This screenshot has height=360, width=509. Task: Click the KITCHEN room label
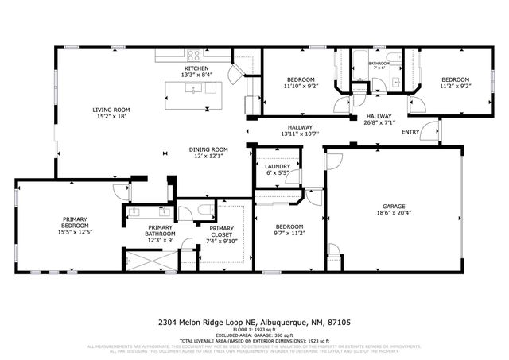196,69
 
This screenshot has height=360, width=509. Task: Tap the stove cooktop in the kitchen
193,56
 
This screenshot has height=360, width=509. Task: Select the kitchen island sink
193,88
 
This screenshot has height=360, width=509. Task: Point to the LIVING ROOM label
111,110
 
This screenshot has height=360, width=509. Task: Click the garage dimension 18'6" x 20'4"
396,212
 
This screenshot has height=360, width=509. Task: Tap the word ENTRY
410,132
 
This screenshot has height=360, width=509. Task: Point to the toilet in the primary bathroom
205,210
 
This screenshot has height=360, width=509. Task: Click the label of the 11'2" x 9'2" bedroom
456,79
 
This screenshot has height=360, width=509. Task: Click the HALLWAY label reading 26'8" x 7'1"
379,116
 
